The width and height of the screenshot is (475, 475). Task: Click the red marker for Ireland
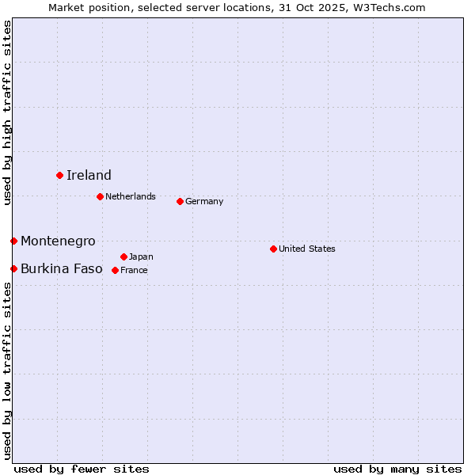59,175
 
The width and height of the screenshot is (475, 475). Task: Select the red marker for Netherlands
100,196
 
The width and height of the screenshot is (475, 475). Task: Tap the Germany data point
180,201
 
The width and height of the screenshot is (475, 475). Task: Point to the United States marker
273,249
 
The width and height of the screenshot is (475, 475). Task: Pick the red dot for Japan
123,256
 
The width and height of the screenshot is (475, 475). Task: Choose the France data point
115,270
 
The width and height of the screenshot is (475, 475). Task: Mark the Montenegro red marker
13,241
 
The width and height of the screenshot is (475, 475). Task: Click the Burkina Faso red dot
13,268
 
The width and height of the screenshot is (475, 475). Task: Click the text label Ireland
89,175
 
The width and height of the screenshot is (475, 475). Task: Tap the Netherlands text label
131,196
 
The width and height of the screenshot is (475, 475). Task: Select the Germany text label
204,201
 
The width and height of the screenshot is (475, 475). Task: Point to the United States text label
307,249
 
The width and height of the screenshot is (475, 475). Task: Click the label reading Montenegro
58,241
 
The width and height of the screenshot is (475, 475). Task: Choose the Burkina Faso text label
62,268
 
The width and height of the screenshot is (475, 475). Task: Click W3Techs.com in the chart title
389,7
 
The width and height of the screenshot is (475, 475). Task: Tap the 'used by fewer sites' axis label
82,469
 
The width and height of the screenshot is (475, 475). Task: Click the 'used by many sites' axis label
397,469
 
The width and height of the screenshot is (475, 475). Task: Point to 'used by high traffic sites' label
7,112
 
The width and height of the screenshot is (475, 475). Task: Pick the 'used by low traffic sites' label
7,370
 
